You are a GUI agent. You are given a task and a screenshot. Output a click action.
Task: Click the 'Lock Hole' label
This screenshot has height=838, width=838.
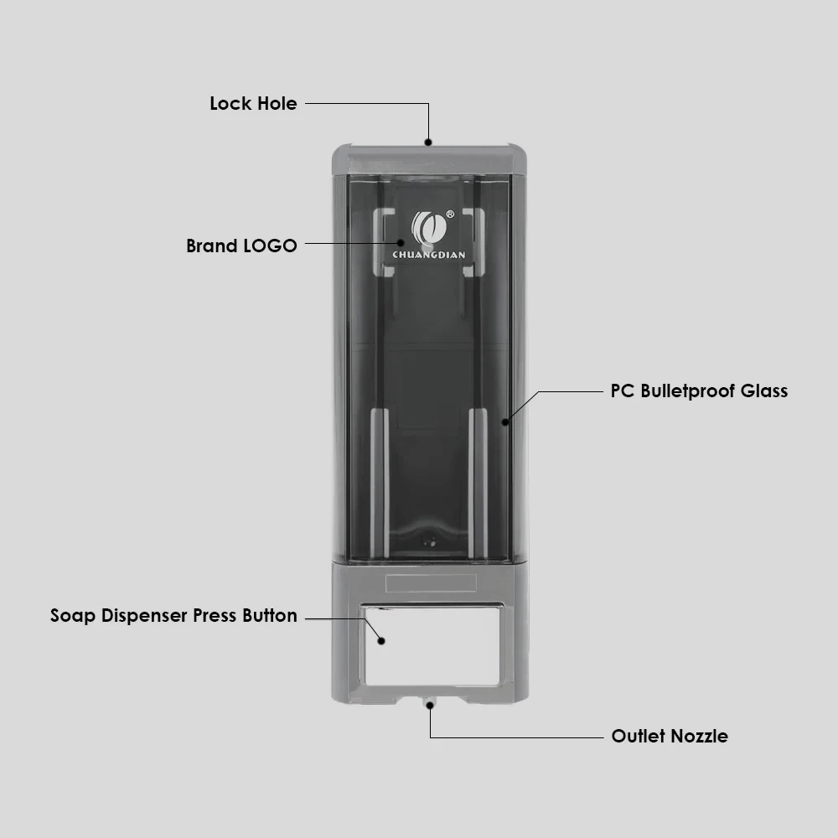(253, 103)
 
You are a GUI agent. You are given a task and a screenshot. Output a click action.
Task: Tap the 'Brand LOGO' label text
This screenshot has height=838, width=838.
(241, 246)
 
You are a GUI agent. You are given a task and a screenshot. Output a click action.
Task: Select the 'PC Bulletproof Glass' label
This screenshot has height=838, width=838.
(699, 391)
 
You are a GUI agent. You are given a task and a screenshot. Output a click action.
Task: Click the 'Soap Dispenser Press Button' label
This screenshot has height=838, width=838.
(173, 615)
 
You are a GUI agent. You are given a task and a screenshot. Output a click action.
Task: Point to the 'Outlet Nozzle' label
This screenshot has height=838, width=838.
(670, 736)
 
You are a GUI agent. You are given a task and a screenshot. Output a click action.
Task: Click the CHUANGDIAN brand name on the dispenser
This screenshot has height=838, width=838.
(428, 255)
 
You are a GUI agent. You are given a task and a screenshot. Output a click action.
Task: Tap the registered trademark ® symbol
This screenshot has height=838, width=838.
(450, 215)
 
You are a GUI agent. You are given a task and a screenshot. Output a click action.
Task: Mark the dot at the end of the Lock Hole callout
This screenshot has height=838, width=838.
(428, 142)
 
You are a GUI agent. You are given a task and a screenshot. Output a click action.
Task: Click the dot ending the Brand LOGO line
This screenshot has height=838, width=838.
(401, 243)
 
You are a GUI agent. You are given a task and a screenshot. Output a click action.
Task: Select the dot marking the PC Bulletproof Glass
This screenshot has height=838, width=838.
(505, 422)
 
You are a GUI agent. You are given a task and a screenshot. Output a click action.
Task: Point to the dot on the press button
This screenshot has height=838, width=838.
(381, 641)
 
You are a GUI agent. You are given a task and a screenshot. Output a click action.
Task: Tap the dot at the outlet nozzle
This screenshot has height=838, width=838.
(430, 706)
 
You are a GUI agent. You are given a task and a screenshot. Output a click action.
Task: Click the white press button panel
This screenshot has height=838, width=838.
(432, 645)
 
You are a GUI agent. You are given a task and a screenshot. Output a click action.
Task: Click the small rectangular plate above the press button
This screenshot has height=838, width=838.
(431, 583)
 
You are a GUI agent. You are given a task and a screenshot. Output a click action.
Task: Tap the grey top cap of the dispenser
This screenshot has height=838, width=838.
(430, 159)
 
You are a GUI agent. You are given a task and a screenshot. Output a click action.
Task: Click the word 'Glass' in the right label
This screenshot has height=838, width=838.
(763, 391)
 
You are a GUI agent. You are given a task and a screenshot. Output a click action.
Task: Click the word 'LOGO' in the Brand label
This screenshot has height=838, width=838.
(270, 246)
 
